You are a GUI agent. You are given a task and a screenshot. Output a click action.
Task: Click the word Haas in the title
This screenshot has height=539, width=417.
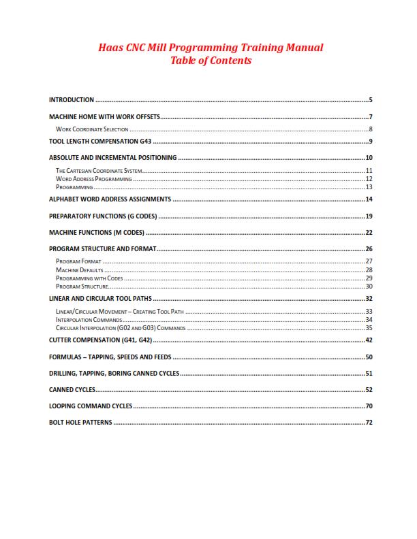[x=111, y=48]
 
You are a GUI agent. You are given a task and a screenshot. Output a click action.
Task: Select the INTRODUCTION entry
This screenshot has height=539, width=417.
[x=72, y=99]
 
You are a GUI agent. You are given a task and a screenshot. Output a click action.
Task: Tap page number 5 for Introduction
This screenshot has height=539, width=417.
[x=370, y=99]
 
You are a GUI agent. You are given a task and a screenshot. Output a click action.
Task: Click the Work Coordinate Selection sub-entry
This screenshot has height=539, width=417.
[x=91, y=129]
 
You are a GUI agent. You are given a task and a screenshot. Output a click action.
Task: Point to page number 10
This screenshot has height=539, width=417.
[x=369, y=158]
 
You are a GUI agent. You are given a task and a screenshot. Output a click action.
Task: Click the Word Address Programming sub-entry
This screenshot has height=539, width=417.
[x=93, y=178]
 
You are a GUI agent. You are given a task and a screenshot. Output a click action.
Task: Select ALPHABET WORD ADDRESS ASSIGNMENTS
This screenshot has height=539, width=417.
[x=110, y=199]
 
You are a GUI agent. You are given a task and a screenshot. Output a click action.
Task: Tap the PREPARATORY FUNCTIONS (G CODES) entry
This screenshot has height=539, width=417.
[x=103, y=216]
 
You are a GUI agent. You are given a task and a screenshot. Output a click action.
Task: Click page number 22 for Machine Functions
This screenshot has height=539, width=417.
[x=369, y=233]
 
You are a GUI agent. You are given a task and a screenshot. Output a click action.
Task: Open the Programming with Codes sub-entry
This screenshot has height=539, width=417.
[x=89, y=278]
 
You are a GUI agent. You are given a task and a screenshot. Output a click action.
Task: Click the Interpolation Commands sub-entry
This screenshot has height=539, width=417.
[x=89, y=320]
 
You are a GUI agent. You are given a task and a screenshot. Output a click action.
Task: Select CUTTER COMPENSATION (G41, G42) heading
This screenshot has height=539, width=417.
[x=100, y=340]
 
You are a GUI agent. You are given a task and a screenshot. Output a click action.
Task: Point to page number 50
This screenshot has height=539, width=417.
[x=369, y=357]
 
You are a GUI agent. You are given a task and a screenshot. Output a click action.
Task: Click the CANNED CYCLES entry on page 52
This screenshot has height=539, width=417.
[x=72, y=390]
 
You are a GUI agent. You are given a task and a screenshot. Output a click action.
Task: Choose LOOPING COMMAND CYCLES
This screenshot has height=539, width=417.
[x=91, y=406]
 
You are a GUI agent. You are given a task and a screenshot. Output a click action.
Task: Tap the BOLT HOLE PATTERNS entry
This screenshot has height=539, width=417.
[x=80, y=423]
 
